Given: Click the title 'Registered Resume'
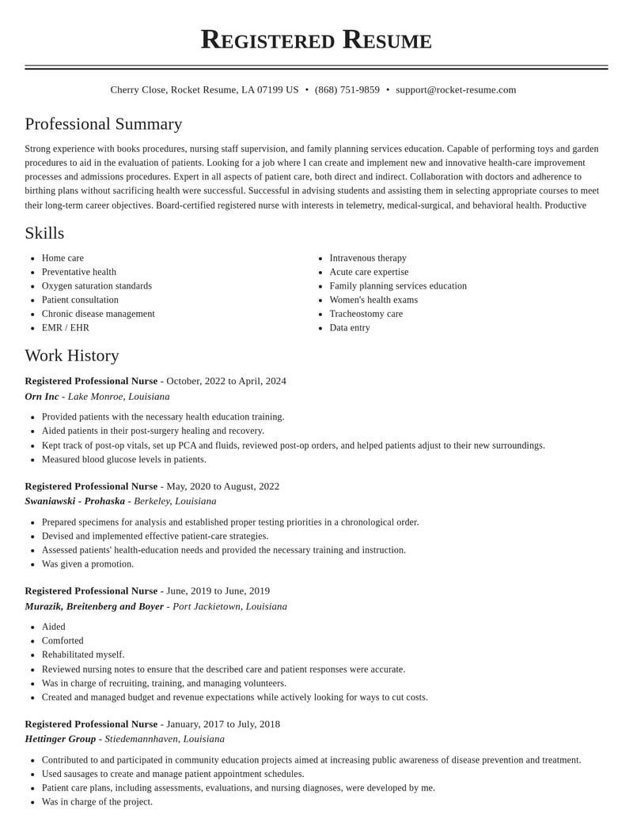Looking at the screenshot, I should (316, 40).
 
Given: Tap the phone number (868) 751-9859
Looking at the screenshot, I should (347, 90).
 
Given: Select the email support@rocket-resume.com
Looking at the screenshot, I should (456, 90).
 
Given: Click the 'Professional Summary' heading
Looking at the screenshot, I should (104, 124).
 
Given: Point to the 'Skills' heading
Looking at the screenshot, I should (44, 233).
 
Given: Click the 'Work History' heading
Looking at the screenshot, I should (72, 356).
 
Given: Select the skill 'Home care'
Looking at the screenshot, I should (63, 258).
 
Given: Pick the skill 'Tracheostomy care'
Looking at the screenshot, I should (366, 314).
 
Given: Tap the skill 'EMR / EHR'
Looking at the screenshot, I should (66, 328).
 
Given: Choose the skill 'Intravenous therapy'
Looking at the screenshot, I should (368, 258).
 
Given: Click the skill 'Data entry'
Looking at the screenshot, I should (350, 328).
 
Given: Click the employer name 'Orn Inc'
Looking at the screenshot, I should (42, 397).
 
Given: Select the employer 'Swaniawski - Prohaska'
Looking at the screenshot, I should (75, 501).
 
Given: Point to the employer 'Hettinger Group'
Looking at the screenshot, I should (60, 739).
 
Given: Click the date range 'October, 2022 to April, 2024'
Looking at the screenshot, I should (226, 381).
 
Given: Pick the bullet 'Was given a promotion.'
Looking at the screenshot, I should (88, 564).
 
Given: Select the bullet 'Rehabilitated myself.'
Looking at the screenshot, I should (83, 654).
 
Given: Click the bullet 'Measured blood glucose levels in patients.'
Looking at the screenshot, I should (124, 459).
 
